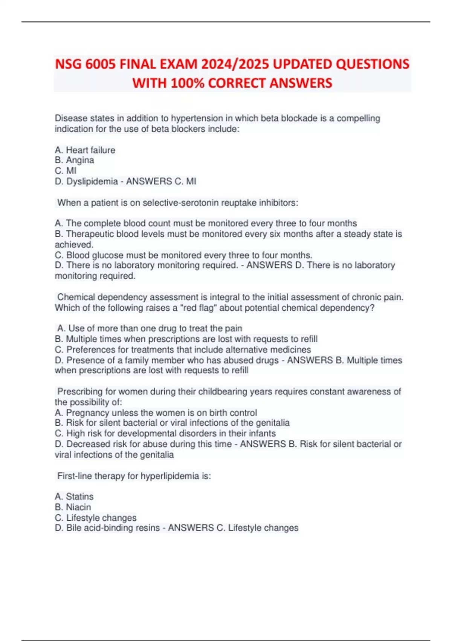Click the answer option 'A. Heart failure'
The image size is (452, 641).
[85, 150]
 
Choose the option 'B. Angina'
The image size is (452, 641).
[75, 160]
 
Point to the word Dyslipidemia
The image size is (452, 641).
[92, 181]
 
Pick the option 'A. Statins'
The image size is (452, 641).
[74, 497]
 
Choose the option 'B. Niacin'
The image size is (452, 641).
[73, 507]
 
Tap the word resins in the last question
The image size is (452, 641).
[147, 528]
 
